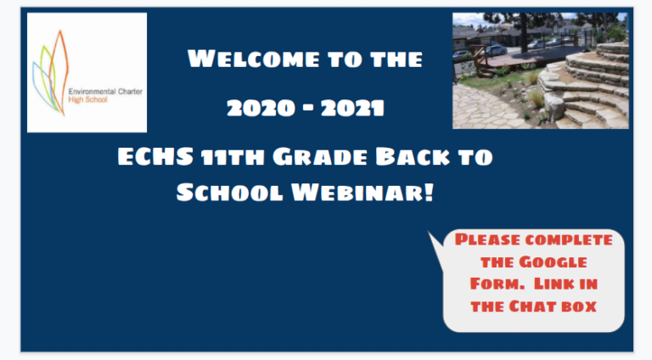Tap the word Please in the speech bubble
490,239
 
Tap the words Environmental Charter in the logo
100,87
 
